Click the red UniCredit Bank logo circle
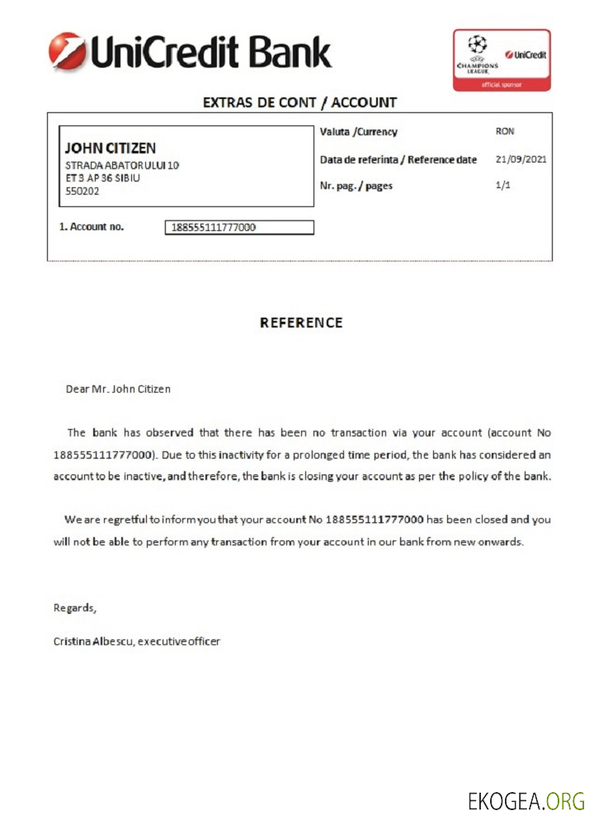coord(67,51)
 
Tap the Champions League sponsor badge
coord(501,59)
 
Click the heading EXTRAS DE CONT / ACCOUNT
coord(299,103)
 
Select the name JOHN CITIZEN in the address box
coord(110,148)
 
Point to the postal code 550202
coord(82,191)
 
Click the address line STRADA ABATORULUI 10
coord(122,165)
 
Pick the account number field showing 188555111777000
coord(239,228)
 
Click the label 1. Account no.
coord(92,226)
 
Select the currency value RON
coord(505,132)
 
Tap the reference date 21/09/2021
coord(521,159)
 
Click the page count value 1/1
coord(503,186)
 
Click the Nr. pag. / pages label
coord(356,186)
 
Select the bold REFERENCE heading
coord(301,323)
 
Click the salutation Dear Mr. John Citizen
coord(118,389)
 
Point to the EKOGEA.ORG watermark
coord(526,800)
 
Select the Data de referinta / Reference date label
coord(398,160)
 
